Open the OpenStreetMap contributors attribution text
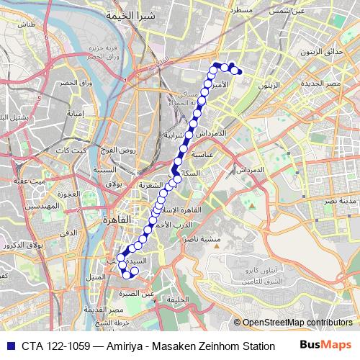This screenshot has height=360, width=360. pyautogui.click(x=297, y=323)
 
